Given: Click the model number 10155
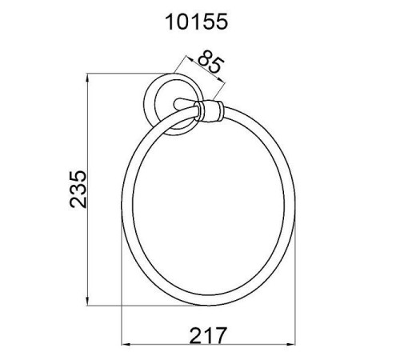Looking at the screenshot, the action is coord(197,22).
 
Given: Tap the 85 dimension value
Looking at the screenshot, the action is coord(210,62).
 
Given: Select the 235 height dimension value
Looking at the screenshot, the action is coord(78,190).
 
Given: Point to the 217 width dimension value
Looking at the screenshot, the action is coord(208,335).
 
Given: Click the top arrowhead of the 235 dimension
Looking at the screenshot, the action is coord(87,78).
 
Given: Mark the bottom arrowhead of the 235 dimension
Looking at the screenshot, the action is coord(87,302).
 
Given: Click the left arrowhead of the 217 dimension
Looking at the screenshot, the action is coord(126,344).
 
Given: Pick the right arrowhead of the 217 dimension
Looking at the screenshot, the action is coord(290,344).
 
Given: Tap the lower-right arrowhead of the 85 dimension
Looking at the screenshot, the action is coord(222,79).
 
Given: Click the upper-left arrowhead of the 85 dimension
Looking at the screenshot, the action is coord(190,59).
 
